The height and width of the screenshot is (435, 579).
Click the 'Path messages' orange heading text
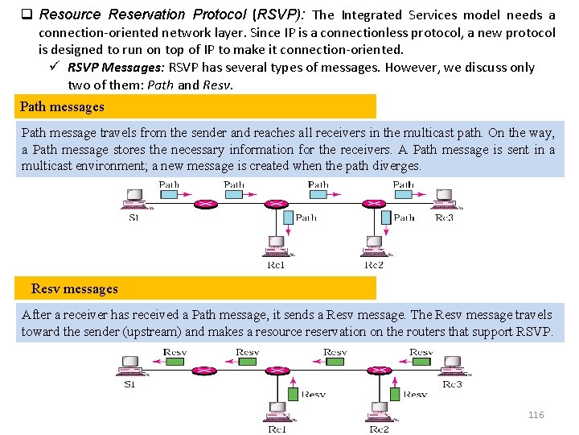click(62, 106)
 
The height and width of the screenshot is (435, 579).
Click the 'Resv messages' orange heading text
click(74, 288)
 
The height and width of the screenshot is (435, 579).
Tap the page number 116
click(536, 414)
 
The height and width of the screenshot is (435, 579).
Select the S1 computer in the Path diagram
click(133, 198)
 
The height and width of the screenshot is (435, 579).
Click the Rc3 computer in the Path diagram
click(442, 198)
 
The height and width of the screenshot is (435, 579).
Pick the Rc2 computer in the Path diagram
click(374, 245)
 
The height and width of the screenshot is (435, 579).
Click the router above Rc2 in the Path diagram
click(374, 203)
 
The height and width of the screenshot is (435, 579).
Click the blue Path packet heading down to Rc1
click(285, 217)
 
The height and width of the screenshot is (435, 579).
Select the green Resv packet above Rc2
click(392, 394)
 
